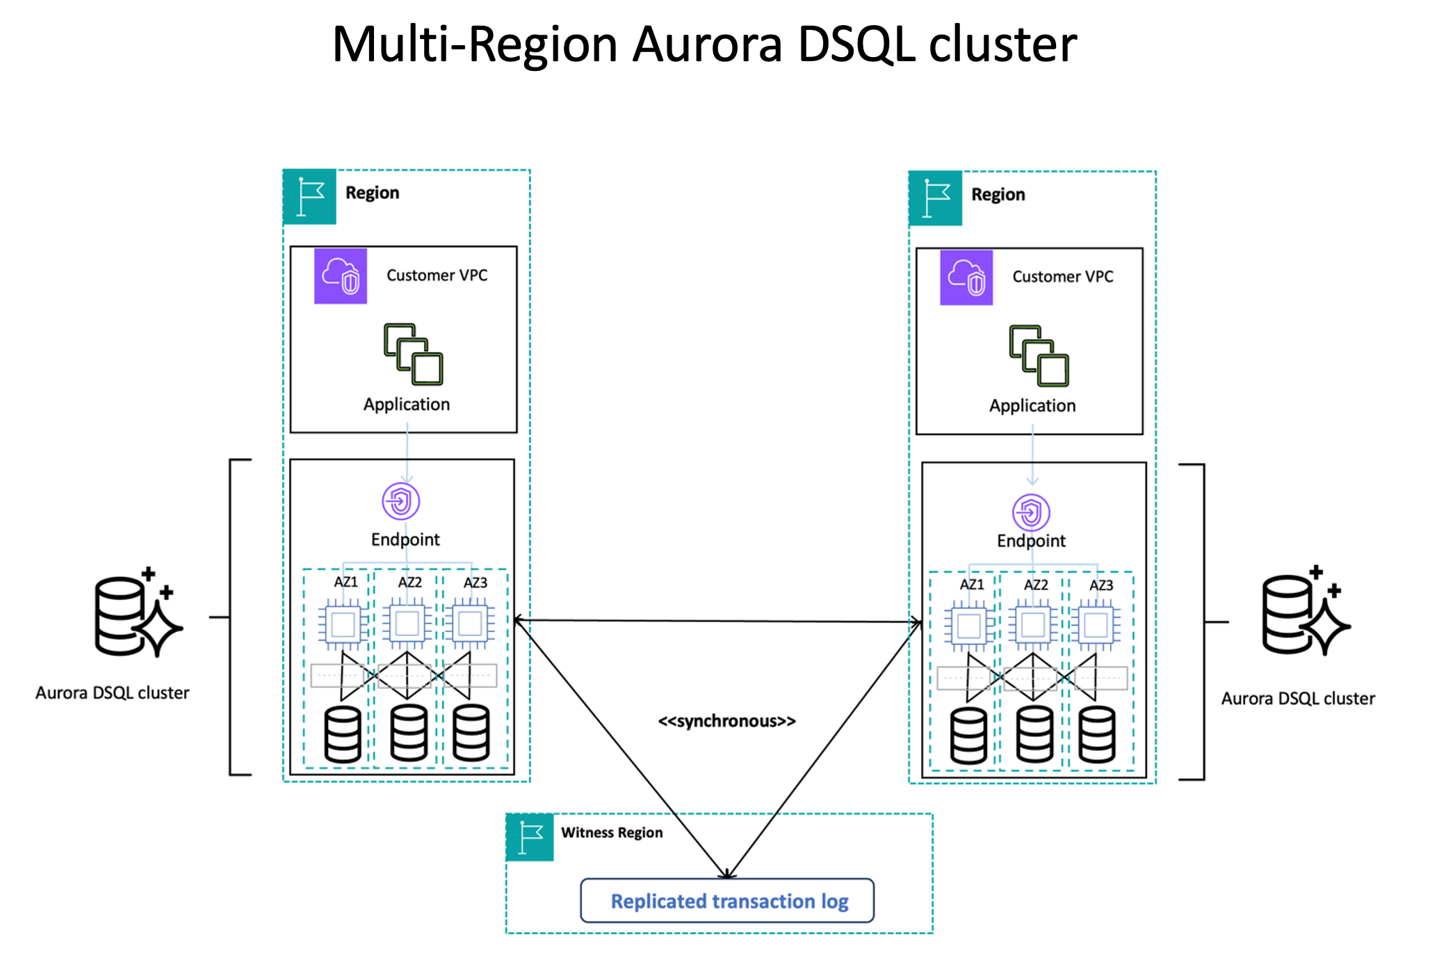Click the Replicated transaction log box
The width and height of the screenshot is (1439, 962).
[726, 901]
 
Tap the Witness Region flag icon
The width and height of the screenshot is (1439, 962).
[530, 837]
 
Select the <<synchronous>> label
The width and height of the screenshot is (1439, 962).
[726, 721]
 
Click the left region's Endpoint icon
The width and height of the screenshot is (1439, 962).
[401, 501]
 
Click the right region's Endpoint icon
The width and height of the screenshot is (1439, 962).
[1031, 513]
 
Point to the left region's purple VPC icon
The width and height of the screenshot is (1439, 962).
[341, 276]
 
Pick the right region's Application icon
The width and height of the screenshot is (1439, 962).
[1039, 355]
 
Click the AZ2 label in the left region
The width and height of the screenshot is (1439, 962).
[409, 582]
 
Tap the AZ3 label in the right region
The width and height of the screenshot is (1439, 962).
[1101, 585]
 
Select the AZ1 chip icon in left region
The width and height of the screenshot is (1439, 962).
[343, 624]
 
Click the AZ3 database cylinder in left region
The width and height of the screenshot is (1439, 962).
[471, 733]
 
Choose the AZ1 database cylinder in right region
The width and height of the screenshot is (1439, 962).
[968, 736]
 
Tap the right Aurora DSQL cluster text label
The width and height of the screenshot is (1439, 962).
[1298, 699]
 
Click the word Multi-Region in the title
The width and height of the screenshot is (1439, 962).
[474, 44]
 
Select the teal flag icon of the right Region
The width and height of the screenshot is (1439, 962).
[936, 198]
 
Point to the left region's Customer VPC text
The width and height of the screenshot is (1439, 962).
[437, 275]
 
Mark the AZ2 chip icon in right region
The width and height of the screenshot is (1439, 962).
[1033, 625]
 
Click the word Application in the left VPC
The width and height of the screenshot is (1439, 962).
[407, 405]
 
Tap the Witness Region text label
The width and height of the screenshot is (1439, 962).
[612, 833]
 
